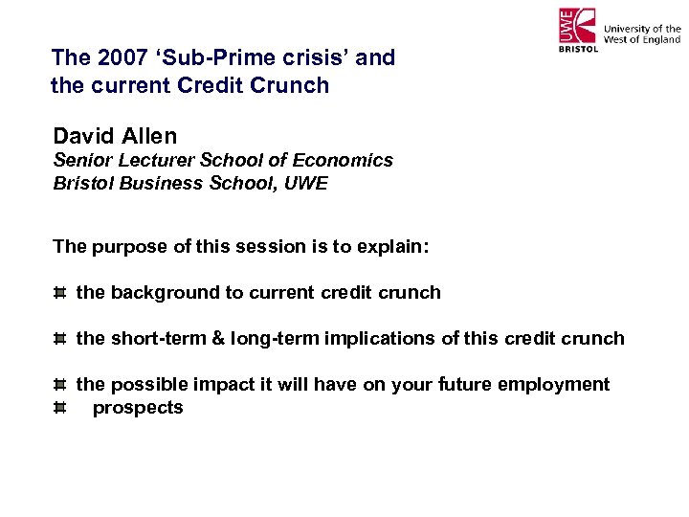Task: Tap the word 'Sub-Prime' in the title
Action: [203, 57]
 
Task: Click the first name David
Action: [84, 137]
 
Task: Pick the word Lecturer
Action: [155, 160]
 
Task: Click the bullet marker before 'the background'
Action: [59, 293]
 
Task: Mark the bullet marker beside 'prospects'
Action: [59, 408]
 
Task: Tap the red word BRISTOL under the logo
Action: [577, 47]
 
